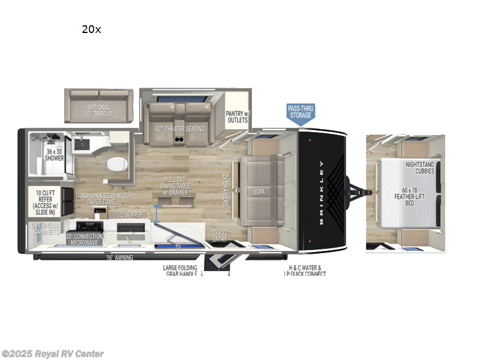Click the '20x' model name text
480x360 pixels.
(x=91, y=29)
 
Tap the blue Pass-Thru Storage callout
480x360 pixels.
(x=301, y=113)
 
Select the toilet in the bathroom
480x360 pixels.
(x=113, y=164)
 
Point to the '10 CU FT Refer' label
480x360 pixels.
(x=47, y=199)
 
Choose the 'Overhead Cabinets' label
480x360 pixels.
(x=46, y=229)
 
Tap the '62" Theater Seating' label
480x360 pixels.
(x=180, y=128)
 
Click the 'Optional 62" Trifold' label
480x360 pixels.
(x=99, y=110)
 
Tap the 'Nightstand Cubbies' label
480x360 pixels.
(x=420, y=166)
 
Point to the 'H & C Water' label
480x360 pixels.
(x=305, y=268)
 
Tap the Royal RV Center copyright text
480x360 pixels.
(x=52, y=354)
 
